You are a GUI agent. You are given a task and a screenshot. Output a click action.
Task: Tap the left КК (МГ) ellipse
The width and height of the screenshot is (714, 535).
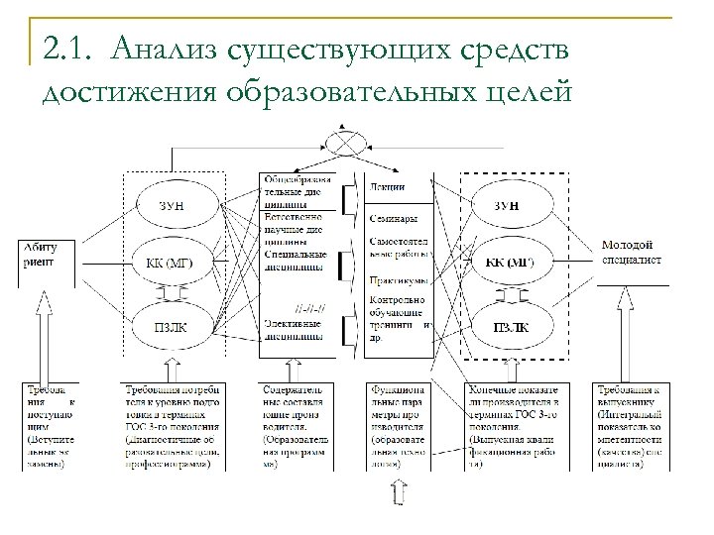174,264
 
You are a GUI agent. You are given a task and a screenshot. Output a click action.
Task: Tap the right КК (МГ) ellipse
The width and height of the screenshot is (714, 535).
512,264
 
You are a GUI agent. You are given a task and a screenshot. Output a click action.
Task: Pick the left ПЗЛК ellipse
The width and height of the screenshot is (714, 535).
174,326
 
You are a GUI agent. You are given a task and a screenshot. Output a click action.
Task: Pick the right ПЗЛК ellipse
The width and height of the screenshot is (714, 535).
512,326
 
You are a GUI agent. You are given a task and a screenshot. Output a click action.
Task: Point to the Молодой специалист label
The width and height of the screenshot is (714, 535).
626,251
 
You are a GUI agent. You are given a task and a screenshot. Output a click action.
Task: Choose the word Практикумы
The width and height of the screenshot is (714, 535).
396,280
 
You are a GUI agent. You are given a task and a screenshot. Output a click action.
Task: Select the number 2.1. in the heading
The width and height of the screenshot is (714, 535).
67,48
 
